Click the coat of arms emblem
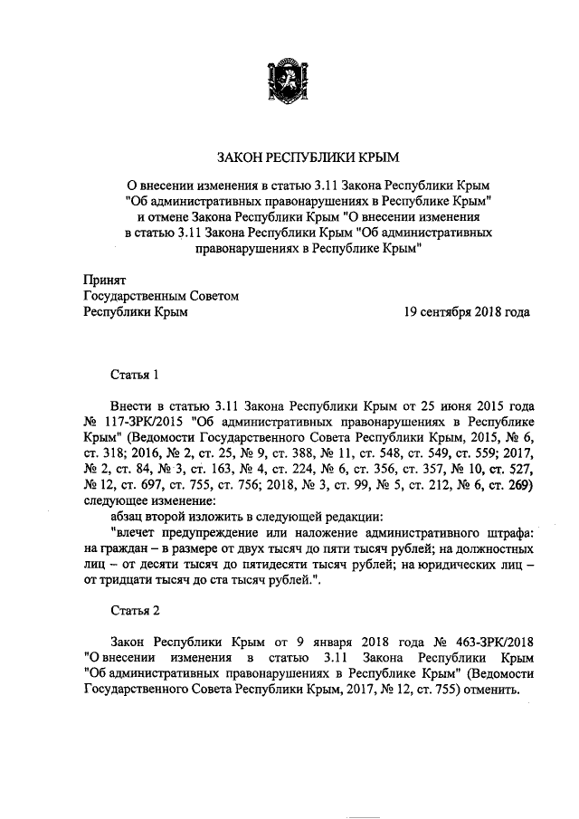click(x=288, y=81)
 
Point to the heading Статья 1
click(x=136, y=373)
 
